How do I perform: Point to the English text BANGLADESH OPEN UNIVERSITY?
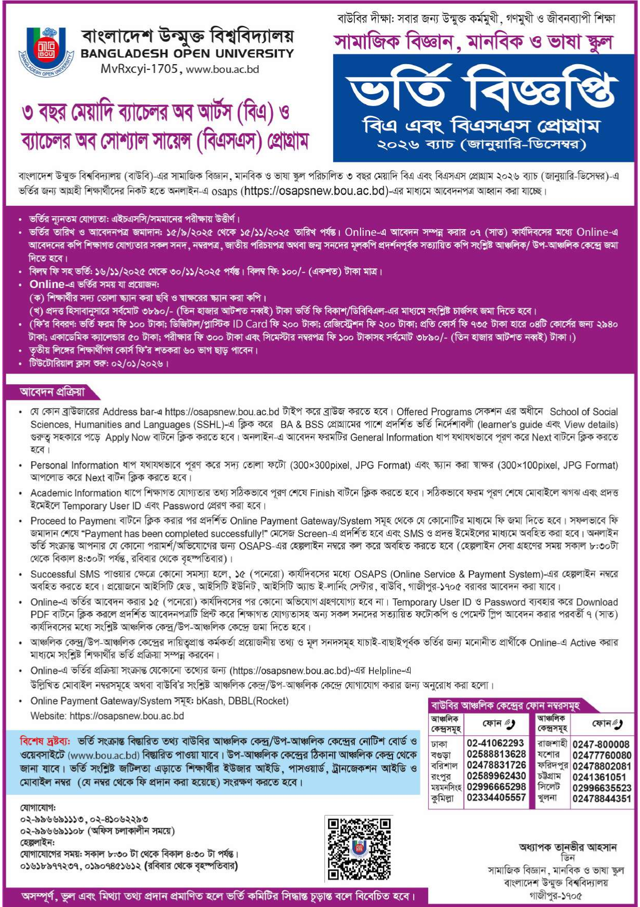point(187,53)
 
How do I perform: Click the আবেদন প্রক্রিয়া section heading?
point(52,392)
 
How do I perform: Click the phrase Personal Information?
point(74,465)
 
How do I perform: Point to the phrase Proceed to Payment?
point(73,521)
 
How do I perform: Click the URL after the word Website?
point(127,716)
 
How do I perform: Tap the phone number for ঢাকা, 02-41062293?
point(495,743)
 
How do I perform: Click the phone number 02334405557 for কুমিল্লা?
point(495,798)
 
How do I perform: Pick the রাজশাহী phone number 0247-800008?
point(601,745)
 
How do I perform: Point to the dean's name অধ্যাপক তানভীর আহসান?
point(568,848)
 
